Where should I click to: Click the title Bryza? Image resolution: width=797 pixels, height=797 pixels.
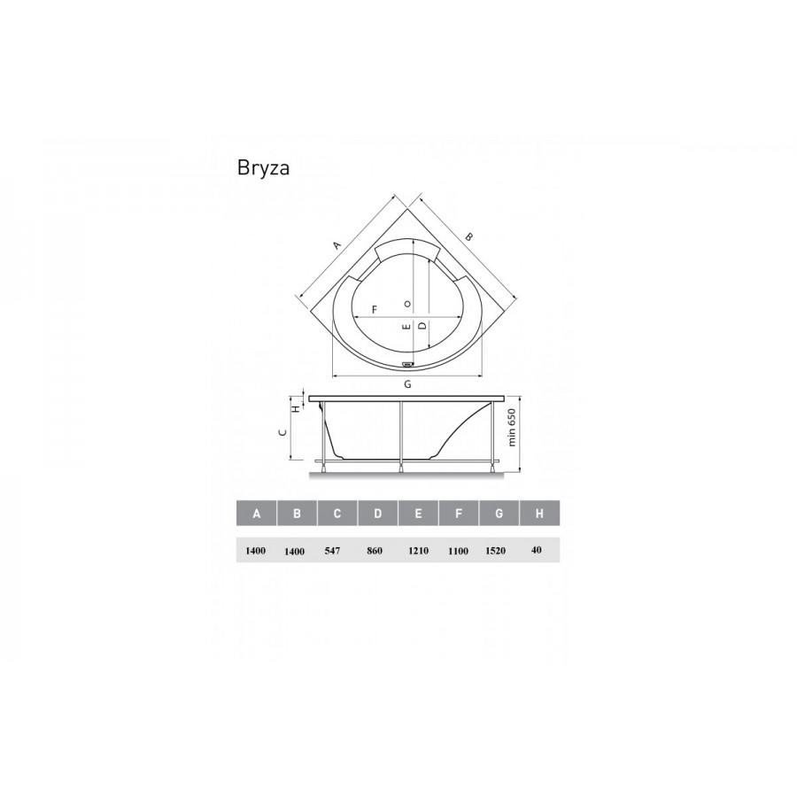263,168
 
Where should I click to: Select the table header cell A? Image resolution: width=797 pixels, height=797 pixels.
257,514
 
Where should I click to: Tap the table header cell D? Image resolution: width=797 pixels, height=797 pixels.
377,514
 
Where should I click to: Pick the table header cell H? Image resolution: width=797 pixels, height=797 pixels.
539,514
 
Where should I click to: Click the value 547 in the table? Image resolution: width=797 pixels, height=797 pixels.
332,551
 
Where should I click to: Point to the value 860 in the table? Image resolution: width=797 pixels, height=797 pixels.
374,551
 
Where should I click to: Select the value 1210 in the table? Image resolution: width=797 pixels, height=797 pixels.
418,551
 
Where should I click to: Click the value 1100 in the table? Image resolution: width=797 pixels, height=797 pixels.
458,551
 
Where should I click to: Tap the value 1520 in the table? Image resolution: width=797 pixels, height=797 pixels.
496,551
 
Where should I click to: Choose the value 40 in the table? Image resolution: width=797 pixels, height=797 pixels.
536,549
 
